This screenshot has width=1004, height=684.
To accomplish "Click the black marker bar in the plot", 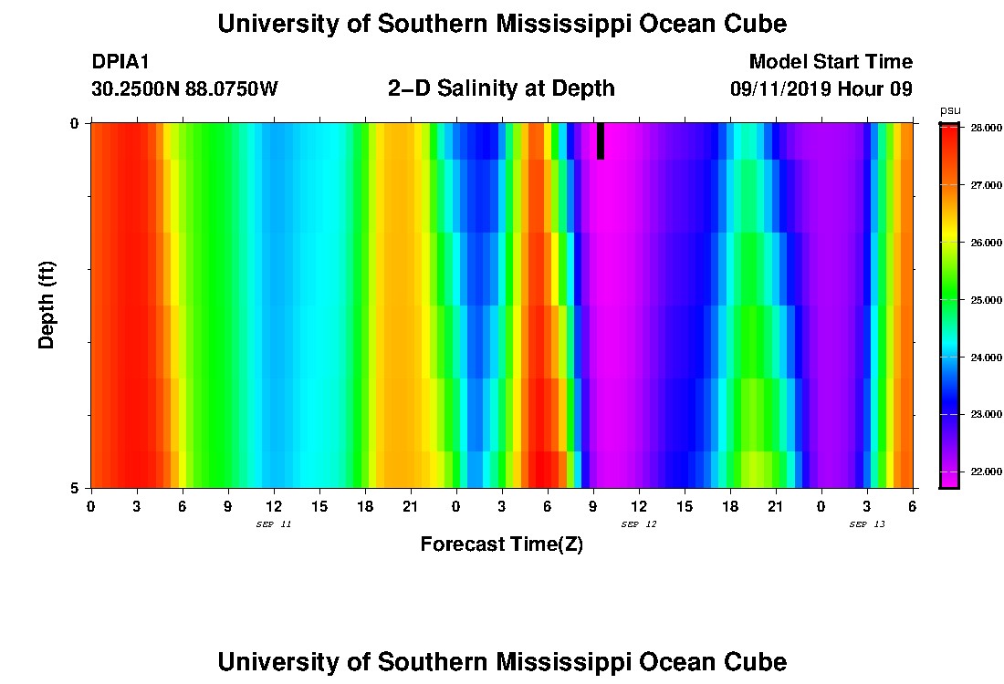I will pyautogui.click(x=600, y=141).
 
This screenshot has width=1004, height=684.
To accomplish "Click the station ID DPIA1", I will pyautogui.click(x=120, y=62).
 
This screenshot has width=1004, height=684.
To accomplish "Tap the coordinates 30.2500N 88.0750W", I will pyautogui.click(x=184, y=89).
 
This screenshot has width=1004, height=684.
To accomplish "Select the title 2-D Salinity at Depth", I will pyautogui.click(x=501, y=88).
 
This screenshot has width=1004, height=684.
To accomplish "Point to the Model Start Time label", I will pyautogui.click(x=830, y=62).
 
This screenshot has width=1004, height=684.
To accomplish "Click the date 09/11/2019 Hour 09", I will pyautogui.click(x=821, y=89).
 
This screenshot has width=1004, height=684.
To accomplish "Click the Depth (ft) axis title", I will pyautogui.click(x=47, y=306).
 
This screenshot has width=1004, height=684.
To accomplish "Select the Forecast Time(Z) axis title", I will pyautogui.click(x=501, y=544).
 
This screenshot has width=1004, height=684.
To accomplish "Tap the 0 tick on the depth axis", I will pyautogui.click(x=75, y=123).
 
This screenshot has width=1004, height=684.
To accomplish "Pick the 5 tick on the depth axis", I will pyautogui.click(x=75, y=488).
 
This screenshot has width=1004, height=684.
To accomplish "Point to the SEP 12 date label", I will pyautogui.click(x=639, y=524).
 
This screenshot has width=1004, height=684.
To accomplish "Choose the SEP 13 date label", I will pyautogui.click(x=867, y=524).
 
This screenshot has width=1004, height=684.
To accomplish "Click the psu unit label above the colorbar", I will pyautogui.click(x=950, y=110).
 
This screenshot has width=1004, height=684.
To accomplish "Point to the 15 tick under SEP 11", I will pyautogui.click(x=319, y=505).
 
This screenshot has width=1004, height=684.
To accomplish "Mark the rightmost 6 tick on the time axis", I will pyautogui.click(x=913, y=505).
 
